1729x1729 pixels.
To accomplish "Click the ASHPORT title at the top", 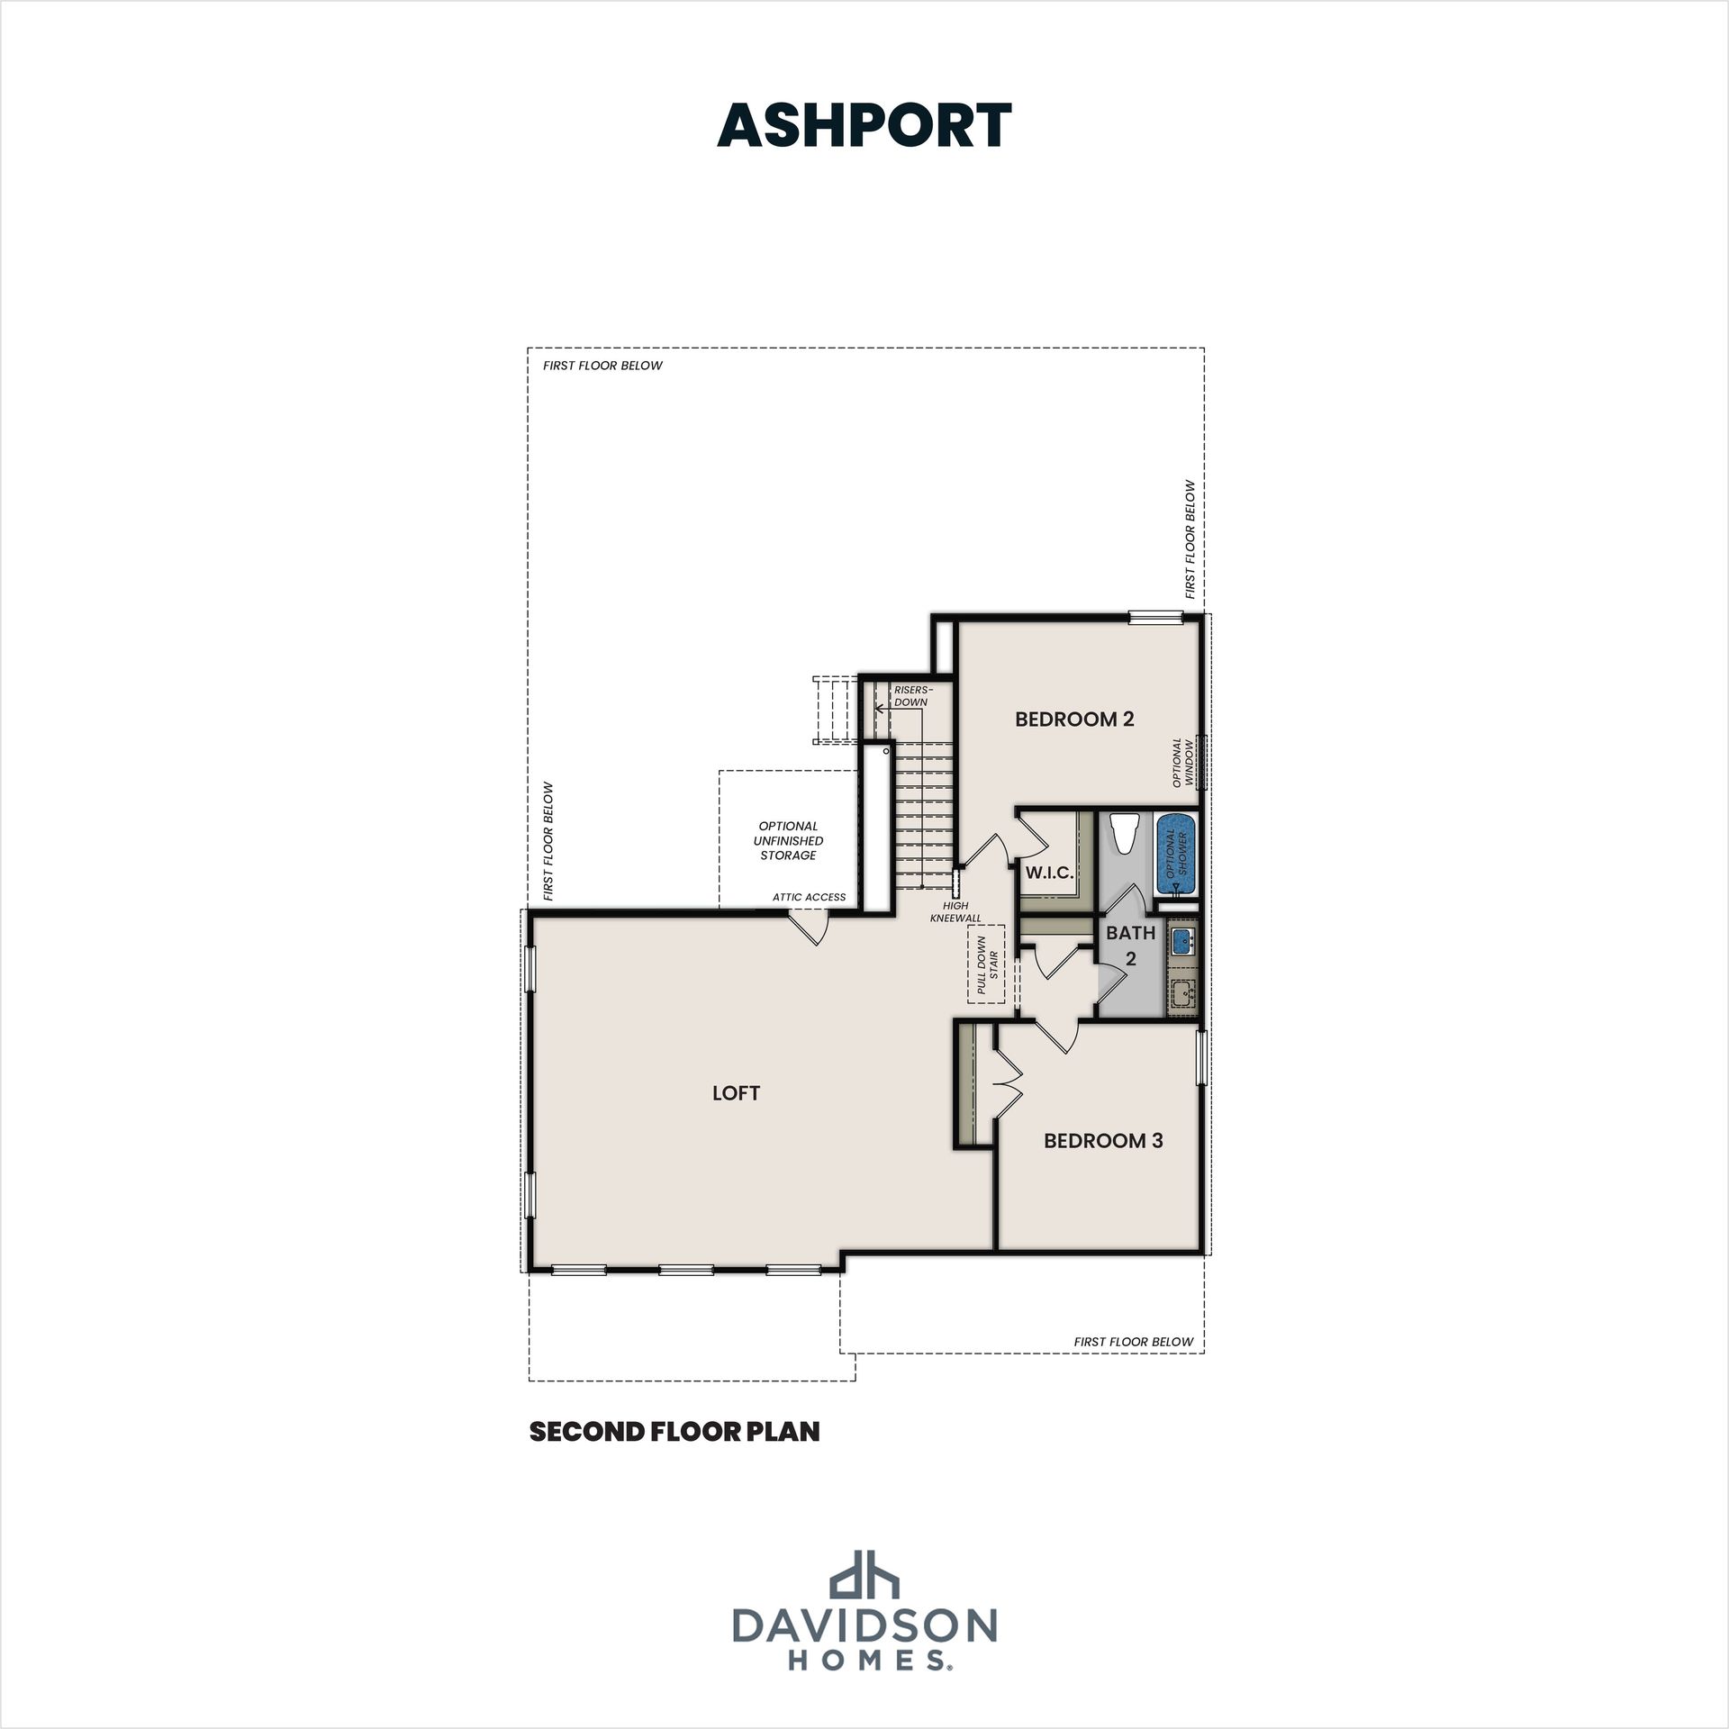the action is pyautogui.click(x=864, y=125).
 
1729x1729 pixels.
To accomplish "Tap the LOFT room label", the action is pyautogui.click(x=736, y=1093).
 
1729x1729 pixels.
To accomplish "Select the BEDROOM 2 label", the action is pyautogui.click(x=1074, y=719).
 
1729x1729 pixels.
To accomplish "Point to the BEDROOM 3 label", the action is pyautogui.click(x=1103, y=1141).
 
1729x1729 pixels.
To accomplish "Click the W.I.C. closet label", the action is pyautogui.click(x=1049, y=873).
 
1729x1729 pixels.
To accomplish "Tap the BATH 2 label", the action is pyautogui.click(x=1131, y=946).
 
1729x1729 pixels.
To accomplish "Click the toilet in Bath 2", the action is pyautogui.click(x=1123, y=833).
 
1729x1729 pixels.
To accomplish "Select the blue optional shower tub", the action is pyautogui.click(x=1176, y=854).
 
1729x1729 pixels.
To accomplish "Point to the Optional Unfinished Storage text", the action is pyautogui.click(x=788, y=840).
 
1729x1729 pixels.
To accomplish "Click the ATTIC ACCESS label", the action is pyautogui.click(x=809, y=897).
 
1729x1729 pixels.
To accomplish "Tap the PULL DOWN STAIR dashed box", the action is pyautogui.click(x=987, y=969).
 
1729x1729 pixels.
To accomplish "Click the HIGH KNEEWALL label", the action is pyautogui.click(x=955, y=912).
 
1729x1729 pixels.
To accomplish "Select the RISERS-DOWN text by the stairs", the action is pyautogui.click(x=912, y=696).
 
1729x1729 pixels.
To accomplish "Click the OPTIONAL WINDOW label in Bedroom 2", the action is pyautogui.click(x=1182, y=763).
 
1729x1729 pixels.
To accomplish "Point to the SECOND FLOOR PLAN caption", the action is pyautogui.click(x=674, y=1432).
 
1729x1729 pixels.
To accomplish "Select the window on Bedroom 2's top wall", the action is pyautogui.click(x=1155, y=617).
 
